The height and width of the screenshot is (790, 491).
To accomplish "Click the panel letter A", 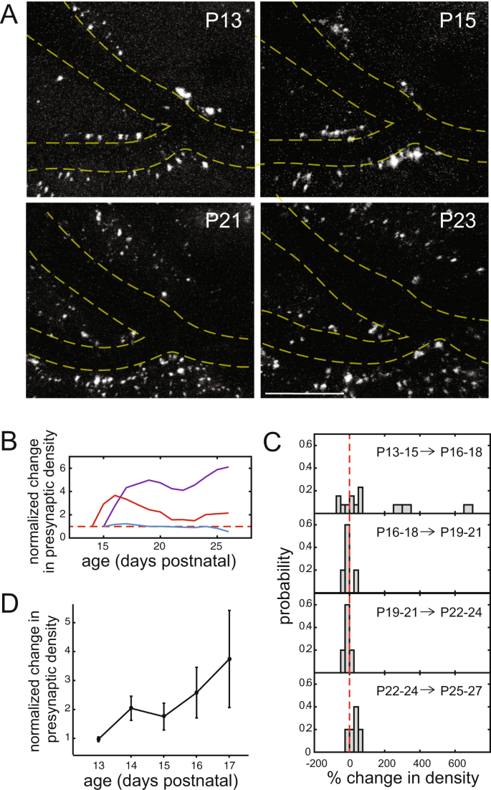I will tap(9, 15).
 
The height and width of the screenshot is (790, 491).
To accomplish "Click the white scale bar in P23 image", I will tap(305, 392).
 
